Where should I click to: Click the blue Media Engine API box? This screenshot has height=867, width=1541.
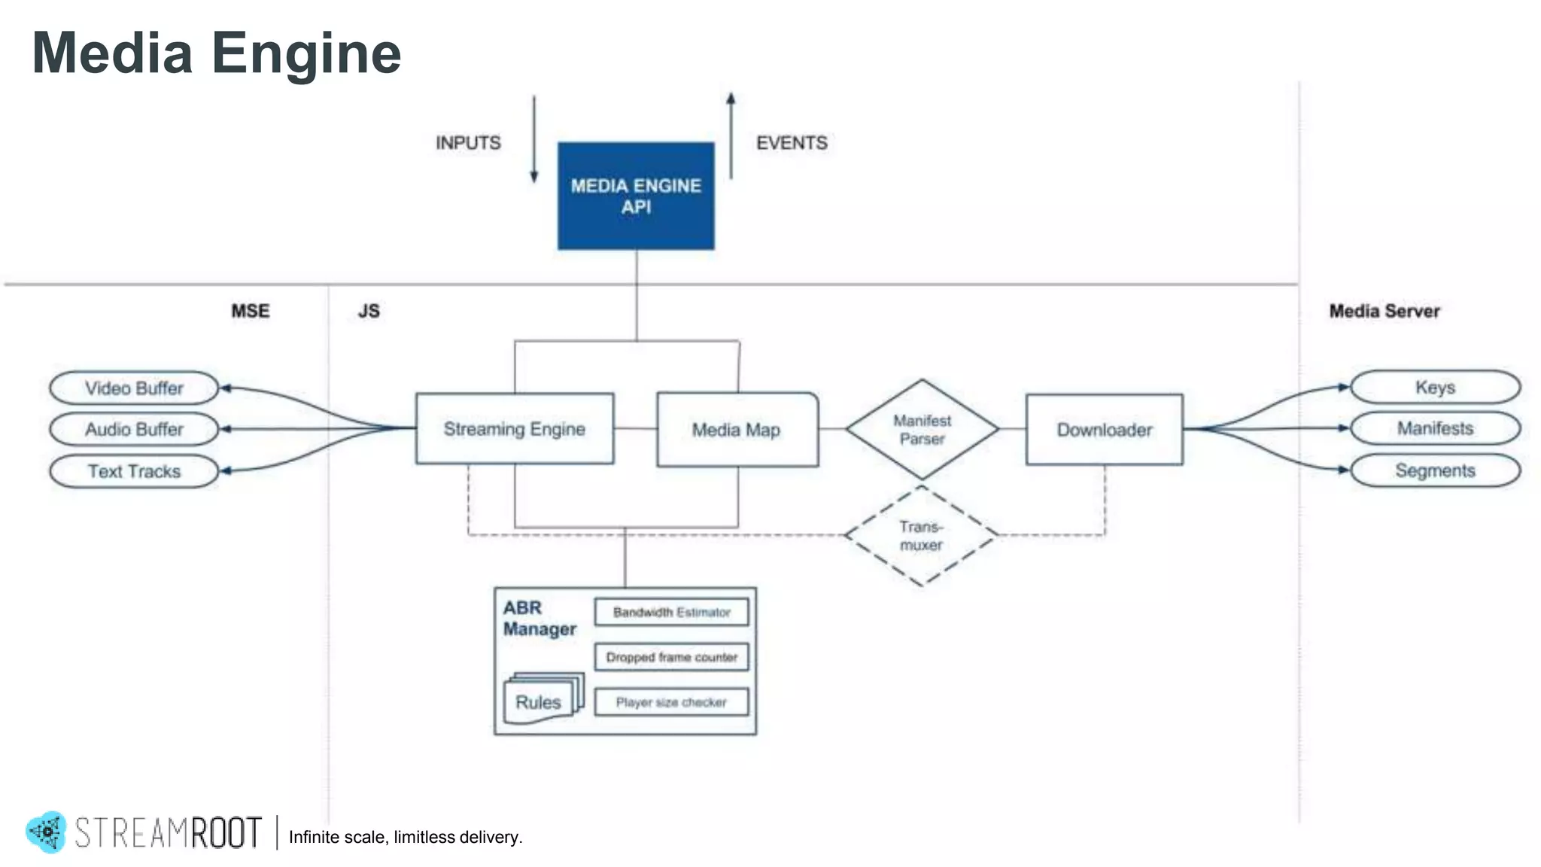[x=636, y=196]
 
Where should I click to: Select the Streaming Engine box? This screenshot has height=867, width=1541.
[x=515, y=429]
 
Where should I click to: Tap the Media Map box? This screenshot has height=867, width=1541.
[x=737, y=430]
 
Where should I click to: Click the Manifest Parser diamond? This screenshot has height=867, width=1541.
[x=922, y=429]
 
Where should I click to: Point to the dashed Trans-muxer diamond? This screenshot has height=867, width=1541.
[x=921, y=536]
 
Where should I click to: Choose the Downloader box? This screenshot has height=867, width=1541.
[x=1104, y=430]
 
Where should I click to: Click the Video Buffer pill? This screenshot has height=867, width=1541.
[x=134, y=388]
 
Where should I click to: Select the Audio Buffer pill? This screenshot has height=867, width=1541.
[x=134, y=429]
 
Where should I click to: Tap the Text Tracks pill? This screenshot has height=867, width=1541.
[x=134, y=471]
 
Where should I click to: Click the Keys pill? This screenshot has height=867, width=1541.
[x=1435, y=388]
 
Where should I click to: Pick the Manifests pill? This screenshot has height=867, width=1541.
[x=1435, y=428]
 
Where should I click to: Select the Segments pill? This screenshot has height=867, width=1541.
[x=1435, y=470]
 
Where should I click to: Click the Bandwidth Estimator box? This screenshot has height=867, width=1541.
[x=671, y=612]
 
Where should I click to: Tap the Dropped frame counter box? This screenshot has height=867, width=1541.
[x=671, y=657]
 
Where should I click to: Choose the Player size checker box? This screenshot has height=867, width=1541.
[x=671, y=702]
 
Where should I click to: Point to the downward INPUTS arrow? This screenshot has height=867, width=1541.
[x=534, y=139]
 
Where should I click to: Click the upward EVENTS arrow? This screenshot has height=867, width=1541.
[x=731, y=135]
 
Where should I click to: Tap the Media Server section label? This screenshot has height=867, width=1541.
[x=1384, y=311]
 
